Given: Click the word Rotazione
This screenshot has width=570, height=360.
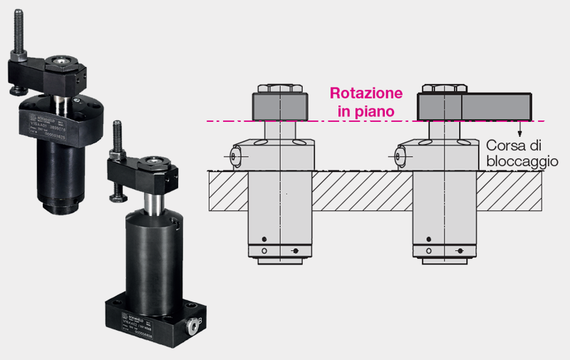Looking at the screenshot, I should [366, 93].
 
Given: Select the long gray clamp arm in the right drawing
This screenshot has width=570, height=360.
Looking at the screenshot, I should [474, 106].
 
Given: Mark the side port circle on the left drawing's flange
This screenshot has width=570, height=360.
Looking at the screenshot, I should [236, 154].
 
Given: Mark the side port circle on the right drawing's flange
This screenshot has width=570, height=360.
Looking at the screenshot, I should [401, 154].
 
